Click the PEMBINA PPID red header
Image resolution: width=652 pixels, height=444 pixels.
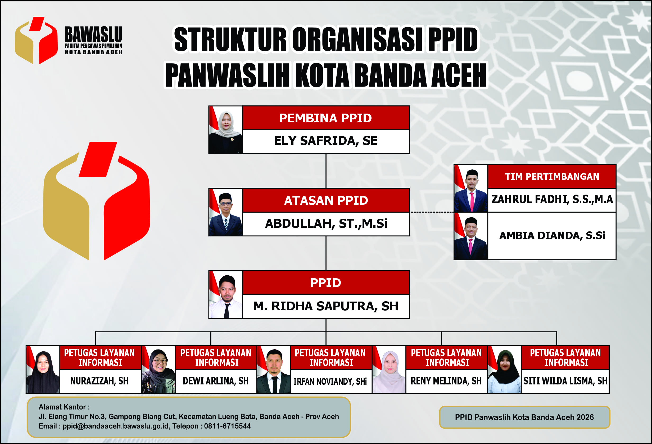(x=326, y=118)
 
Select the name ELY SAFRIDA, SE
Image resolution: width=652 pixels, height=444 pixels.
(x=326, y=141)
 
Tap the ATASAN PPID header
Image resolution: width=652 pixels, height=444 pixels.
(x=326, y=200)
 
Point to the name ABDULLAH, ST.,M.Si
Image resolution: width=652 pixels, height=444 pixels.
(x=326, y=223)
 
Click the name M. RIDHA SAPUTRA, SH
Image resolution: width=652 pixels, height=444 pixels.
(x=326, y=306)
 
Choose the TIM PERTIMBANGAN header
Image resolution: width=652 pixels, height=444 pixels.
(x=552, y=177)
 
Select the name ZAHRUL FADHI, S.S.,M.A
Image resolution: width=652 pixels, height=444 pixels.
(x=552, y=199)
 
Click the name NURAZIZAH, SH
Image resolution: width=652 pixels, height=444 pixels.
(x=99, y=381)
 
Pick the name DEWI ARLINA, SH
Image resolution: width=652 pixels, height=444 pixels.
(x=216, y=381)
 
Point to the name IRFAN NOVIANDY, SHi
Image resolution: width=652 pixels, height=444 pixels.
(x=330, y=382)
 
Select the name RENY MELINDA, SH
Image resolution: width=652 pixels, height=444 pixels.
(x=446, y=381)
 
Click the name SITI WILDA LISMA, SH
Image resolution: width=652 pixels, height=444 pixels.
(x=565, y=381)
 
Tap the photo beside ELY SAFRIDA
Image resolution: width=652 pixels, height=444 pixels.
(x=225, y=130)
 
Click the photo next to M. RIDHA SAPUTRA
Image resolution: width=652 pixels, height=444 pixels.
(x=225, y=295)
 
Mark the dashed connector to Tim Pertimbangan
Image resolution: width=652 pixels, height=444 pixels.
(x=432, y=212)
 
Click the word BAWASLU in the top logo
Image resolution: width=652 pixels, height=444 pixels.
(x=93, y=34)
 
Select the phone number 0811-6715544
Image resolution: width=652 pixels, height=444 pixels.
(x=227, y=426)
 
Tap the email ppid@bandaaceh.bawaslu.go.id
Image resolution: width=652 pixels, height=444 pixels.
(x=116, y=426)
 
